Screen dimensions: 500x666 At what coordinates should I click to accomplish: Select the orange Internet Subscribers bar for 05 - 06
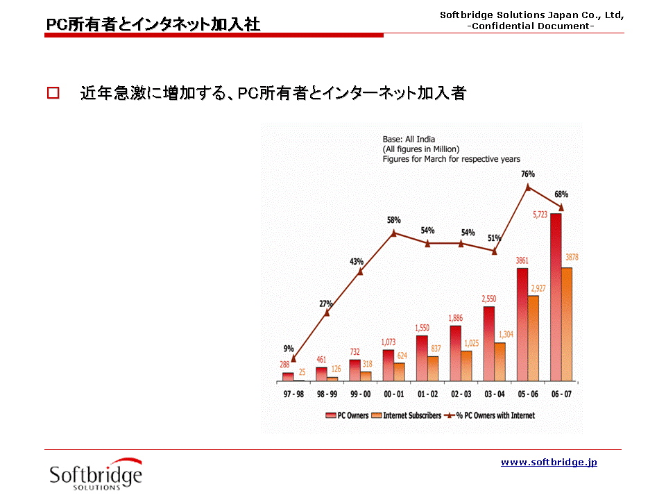(533, 338)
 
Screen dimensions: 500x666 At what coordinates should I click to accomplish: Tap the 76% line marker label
(528, 174)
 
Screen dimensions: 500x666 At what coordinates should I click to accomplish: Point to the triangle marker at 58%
(394, 233)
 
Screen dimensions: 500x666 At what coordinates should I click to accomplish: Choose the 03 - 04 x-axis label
(495, 394)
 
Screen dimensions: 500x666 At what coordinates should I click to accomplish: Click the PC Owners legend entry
(348, 415)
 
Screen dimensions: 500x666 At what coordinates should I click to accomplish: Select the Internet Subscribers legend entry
(407, 415)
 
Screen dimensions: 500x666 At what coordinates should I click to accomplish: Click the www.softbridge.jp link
(549, 462)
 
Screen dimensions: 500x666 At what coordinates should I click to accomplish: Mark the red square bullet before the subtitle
(53, 93)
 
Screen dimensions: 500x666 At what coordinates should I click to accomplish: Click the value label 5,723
(540, 215)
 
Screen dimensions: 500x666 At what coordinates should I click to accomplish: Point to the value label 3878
(572, 258)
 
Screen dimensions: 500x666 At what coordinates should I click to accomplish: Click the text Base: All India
(409, 139)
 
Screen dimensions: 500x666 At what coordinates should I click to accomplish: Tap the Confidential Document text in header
(531, 26)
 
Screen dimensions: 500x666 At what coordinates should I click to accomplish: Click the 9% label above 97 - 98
(289, 349)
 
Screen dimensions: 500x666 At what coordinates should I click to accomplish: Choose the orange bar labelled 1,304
(500, 361)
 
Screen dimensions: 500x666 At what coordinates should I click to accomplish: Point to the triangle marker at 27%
(327, 312)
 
